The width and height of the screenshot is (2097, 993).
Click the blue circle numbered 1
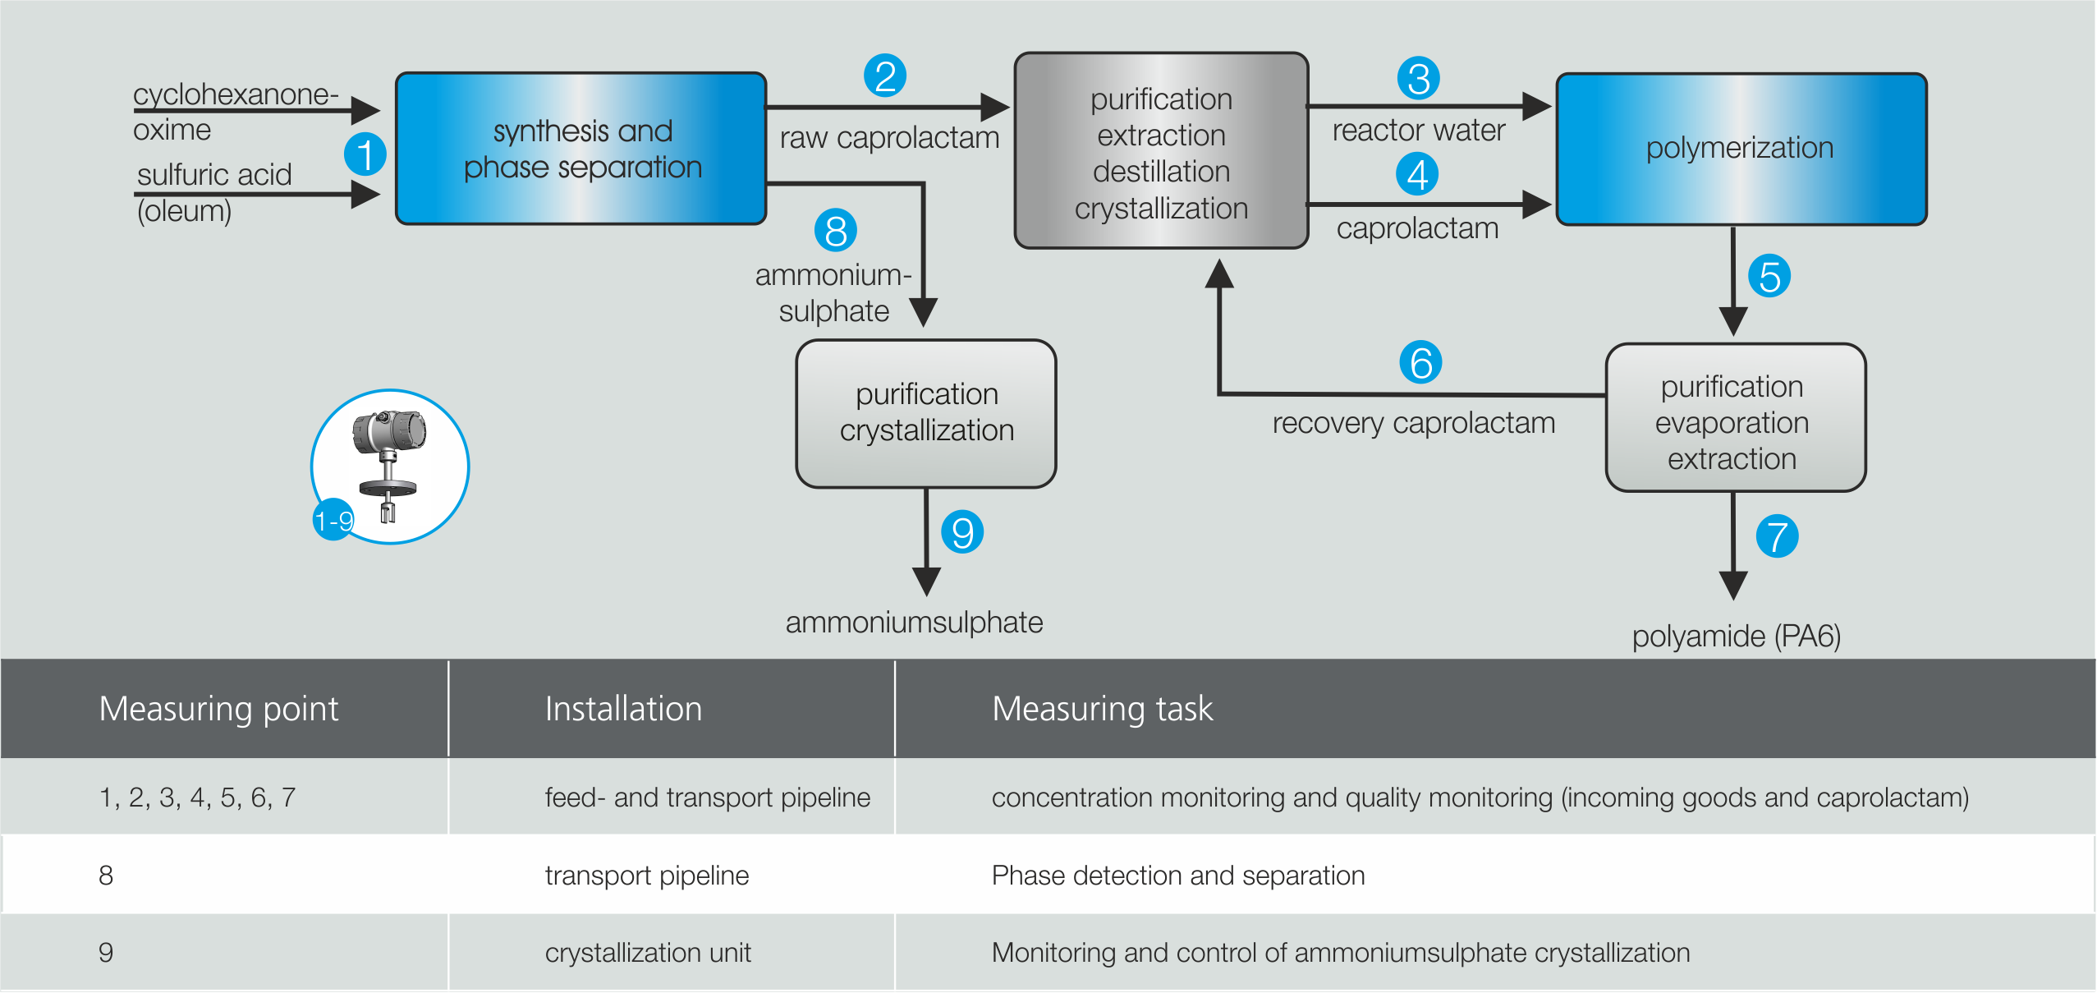click(x=365, y=154)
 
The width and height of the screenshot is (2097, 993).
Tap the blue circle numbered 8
click(x=835, y=231)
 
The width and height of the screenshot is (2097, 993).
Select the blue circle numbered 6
click(x=1420, y=362)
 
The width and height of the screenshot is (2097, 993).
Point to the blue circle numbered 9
click(x=962, y=532)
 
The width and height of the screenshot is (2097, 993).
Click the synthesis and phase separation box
click(x=581, y=149)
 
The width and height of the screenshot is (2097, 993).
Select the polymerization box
click(x=1741, y=149)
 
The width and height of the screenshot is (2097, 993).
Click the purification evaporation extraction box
click(x=1735, y=418)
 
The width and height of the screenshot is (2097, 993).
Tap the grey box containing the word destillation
click(x=1161, y=151)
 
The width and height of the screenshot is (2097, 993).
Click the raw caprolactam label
click(x=889, y=138)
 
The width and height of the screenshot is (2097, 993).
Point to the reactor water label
click(x=1418, y=131)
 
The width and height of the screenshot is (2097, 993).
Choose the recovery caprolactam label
click(x=1413, y=423)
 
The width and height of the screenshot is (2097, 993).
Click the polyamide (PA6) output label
click(x=1736, y=637)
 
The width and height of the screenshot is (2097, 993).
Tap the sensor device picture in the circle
click(x=390, y=465)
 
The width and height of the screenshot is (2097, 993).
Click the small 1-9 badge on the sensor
click(x=333, y=520)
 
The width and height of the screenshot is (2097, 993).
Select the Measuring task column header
click(x=1102, y=709)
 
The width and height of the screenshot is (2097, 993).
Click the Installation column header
click(x=623, y=709)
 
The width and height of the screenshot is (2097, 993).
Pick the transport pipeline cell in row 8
click(x=647, y=876)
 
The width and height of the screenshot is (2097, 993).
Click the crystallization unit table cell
click(x=648, y=953)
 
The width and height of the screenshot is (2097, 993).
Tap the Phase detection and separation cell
click(x=1177, y=876)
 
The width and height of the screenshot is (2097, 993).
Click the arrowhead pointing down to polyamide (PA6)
click(x=1733, y=586)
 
